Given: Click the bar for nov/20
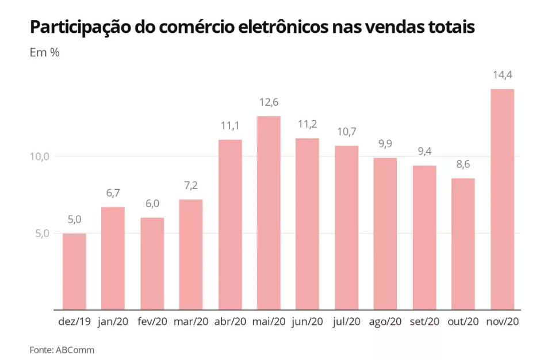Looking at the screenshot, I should click(502, 199).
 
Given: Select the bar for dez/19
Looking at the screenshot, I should click(74, 271).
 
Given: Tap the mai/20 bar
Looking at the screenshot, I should click(269, 213).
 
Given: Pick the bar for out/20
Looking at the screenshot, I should click(463, 244).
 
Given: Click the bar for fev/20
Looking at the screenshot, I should click(152, 263).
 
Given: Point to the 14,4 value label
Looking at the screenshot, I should click(502, 75).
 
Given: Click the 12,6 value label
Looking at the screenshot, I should click(269, 102).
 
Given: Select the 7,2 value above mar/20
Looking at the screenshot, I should click(191, 186).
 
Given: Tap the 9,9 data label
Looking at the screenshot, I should click(385, 144).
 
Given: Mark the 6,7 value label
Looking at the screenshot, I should click(113, 193).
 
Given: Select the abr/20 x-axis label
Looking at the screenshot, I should click(229, 322).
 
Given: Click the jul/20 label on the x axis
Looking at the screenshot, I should click(346, 322).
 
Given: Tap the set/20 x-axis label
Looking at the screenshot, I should click(424, 322).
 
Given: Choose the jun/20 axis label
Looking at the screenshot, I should click(308, 322).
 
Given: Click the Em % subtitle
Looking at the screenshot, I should click(45, 52).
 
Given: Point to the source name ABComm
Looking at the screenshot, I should click(75, 350).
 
